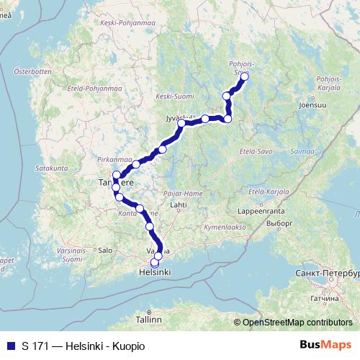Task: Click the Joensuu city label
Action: (x=312, y=103)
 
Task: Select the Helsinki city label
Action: (x=154, y=273)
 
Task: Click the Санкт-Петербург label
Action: (x=327, y=274)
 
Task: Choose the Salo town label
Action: (x=106, y=250)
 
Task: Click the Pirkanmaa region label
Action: (x=116, y=159)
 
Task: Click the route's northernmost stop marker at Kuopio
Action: (x=244, y=76)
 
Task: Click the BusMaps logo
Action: (x=327, y=346)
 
